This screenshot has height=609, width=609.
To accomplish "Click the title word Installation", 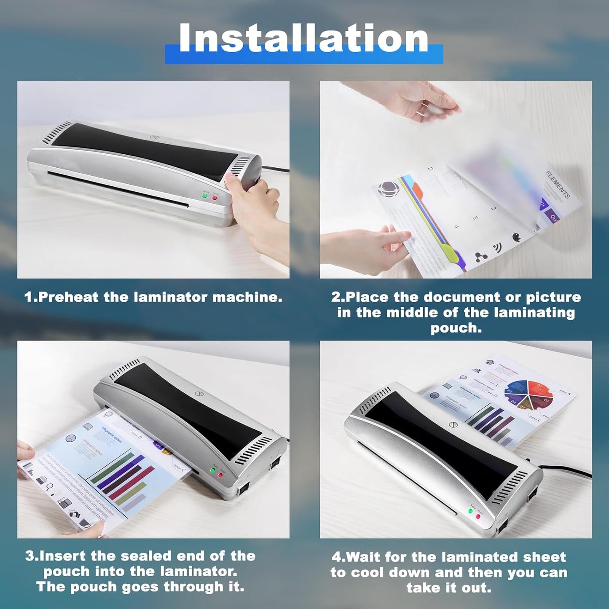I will coord(303,39).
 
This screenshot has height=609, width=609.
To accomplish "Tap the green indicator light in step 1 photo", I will coord(205,196).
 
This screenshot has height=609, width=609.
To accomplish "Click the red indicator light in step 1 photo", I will coord(215,198).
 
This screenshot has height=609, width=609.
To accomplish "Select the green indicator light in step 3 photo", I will coord(213,470).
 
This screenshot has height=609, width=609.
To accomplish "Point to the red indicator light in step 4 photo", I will coord(478,516).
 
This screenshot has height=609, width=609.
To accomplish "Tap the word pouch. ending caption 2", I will coord(456,328).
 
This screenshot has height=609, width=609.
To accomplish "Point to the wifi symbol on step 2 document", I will coord(498,248).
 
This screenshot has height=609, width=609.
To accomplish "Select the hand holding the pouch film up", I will coord(421,100).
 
